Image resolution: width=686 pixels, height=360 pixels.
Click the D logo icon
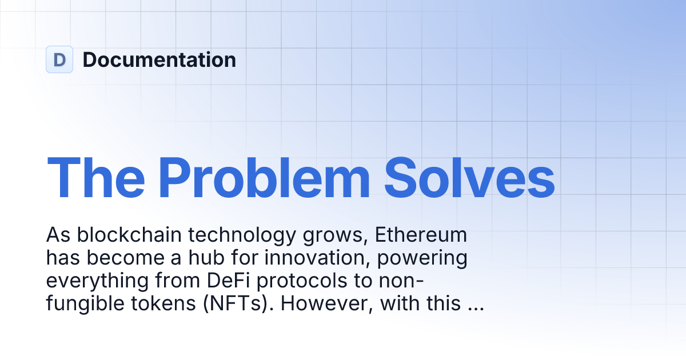click(59, 59)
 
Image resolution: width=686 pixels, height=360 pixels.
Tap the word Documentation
click(159, 59)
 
